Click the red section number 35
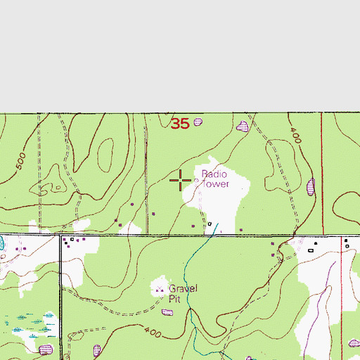coord(180,124)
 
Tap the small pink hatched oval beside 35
coord(198,122)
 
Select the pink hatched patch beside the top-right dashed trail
coord(243,127)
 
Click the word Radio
coord(215,174)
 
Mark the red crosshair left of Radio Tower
coord(181,181)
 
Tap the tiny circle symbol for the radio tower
coord(196,181)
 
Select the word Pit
coord(174,297)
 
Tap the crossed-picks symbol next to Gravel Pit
coord(160,288)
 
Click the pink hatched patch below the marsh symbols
coord(46,349)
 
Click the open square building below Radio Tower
coord(209,224)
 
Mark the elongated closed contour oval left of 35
coord(106,153)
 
